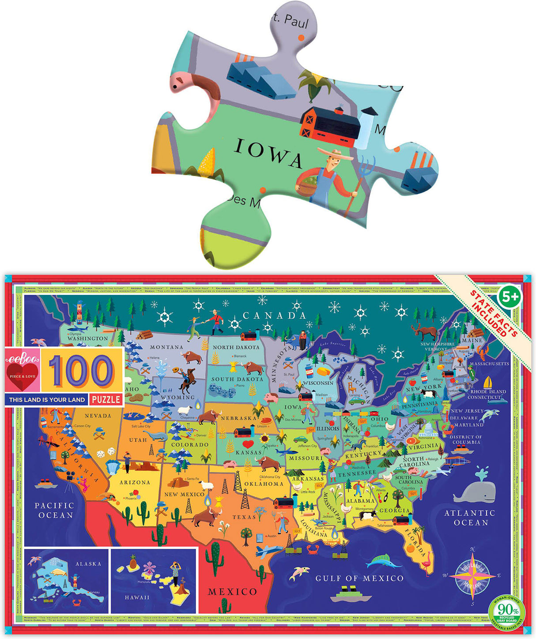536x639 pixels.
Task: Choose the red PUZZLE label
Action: pos(106,400)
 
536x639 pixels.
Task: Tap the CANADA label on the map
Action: pos(274,316)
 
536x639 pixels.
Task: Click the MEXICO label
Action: pos(232,591)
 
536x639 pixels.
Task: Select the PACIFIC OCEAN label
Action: pos(54,510)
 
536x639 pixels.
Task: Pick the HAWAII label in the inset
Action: pos(137,597)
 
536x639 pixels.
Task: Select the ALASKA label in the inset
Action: pos(88,564)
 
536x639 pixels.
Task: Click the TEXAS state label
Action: pos(244,517)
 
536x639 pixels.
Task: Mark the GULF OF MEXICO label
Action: pos(359,578)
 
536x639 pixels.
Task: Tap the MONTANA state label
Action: pos(166,347)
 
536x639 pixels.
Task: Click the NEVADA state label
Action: pos(98,415)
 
